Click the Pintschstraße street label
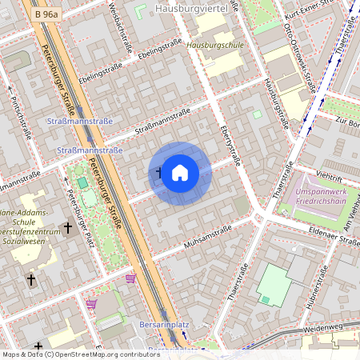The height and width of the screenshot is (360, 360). [19, 117]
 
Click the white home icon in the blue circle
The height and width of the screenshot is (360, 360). [180, 173]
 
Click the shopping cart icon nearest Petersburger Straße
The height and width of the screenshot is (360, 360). [130, 278]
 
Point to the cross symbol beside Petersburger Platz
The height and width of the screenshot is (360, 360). [68, 228]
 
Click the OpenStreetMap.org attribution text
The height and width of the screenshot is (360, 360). [104, 354]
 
